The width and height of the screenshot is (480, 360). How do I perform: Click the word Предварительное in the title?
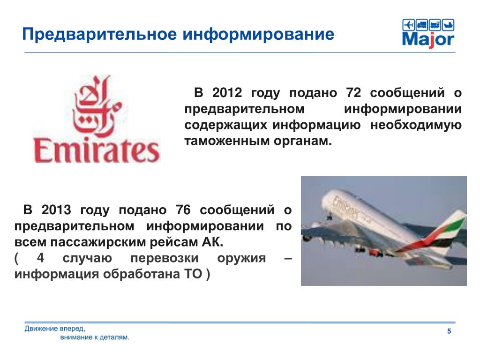99,35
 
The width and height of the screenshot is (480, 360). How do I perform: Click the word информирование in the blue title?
258,35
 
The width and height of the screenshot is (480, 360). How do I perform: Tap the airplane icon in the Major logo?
408,25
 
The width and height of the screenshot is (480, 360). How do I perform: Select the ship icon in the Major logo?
448,25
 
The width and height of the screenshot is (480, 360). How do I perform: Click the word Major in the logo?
428,40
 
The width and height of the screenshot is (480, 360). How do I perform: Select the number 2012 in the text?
227,93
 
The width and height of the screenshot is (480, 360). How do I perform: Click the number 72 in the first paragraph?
353,93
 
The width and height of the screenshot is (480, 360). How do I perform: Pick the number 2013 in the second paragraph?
56,210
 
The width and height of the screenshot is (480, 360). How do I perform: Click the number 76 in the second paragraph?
183,210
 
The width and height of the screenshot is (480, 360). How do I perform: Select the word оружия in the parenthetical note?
241,258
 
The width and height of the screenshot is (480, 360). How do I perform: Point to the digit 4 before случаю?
40,258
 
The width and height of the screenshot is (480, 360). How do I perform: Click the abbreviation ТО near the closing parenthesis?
193,274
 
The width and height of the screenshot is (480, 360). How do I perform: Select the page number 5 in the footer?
449,331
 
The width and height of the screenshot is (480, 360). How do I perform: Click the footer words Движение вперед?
55,329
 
